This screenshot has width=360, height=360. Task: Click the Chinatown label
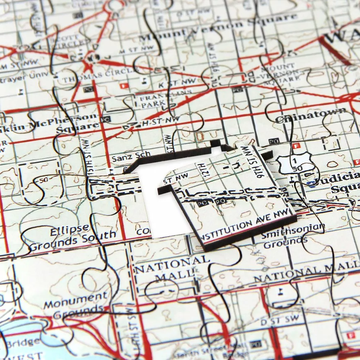coord(312,116)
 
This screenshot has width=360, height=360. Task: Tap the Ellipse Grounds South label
coord(72,238)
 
